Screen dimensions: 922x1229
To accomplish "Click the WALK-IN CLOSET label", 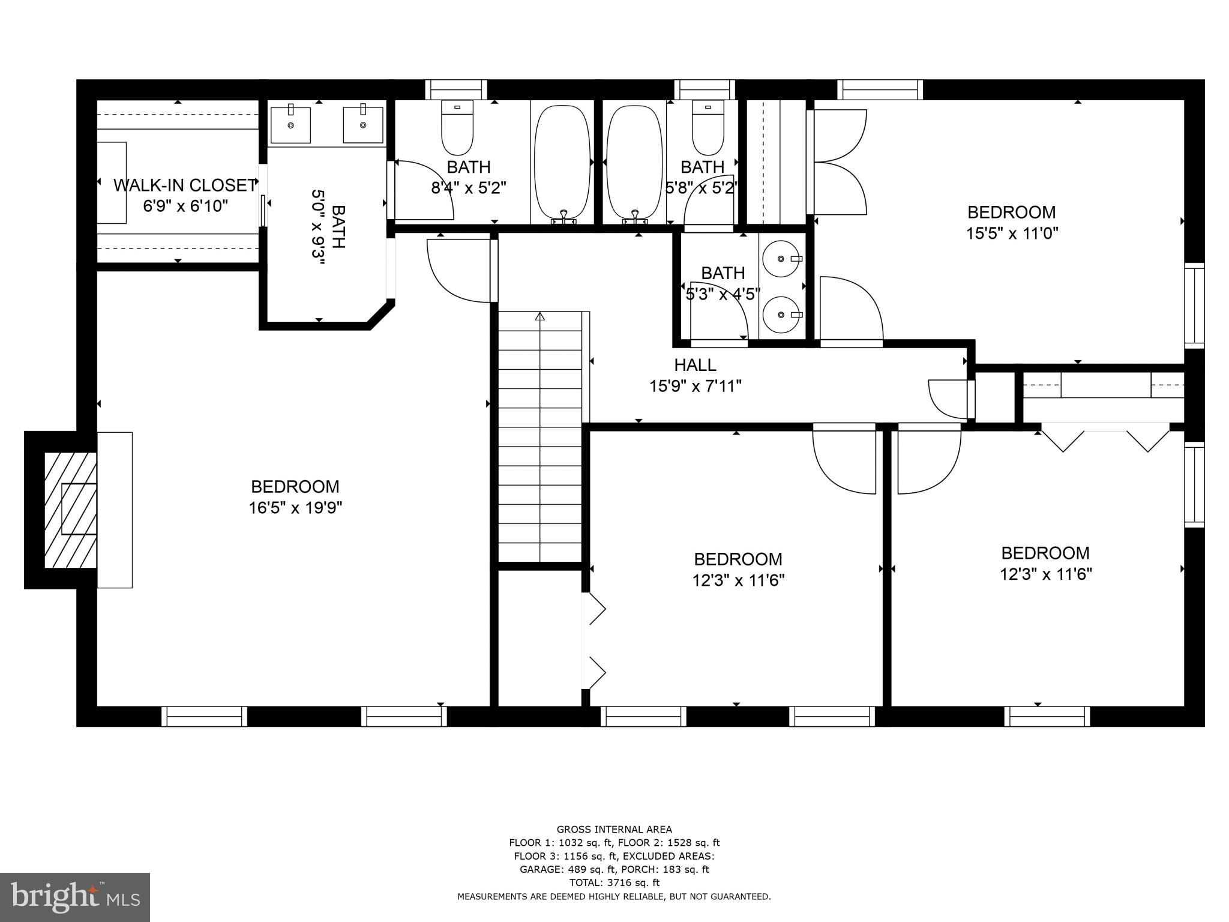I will pyautogui.click(x=185, y=185).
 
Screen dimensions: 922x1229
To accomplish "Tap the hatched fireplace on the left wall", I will pyautogui.click(x=71, y=510).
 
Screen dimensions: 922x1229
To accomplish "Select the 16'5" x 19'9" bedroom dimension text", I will pyautogui.click(x=295, y=508).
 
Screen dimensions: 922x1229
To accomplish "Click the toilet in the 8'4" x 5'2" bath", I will pyautogui.click(x=457, y=128).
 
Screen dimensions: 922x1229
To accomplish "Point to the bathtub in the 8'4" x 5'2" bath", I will pyautogui.click(x=562, y=162).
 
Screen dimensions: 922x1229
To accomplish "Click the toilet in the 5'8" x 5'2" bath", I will pyautogui.click(x=708, y=128).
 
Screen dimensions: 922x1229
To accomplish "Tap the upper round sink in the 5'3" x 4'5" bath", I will pyautogui.click(x=782, y=259).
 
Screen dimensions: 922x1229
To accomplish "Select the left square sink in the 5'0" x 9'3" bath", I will pyautogui.click(x=291, y=125).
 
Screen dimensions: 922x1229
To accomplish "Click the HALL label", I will pyautogui.click(x=695, y=365).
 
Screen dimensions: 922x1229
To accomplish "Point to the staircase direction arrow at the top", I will pyautogui.click(x=539, y=316).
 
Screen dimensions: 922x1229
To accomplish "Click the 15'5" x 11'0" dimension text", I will pyautogui.click(x=1012, y=234).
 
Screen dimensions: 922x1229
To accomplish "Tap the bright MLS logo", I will pyautogui.click(x=75, y=897).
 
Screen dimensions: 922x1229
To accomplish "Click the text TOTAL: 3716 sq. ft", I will pyautogui.click(x=614, y=882).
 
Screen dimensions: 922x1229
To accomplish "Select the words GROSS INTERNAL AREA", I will pyautogui.click(x=614, y=830).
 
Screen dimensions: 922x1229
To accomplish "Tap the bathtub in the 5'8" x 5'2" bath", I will pyautogui.click(x=634, y=162).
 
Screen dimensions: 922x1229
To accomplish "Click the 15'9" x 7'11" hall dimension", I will pyautogui.click(x=695, y=386).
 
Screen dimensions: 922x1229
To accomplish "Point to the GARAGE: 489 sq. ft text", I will pyautogui.click(x=566, y=869).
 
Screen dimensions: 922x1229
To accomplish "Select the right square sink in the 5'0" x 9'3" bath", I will pyautogui.click(x=363, y=125).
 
